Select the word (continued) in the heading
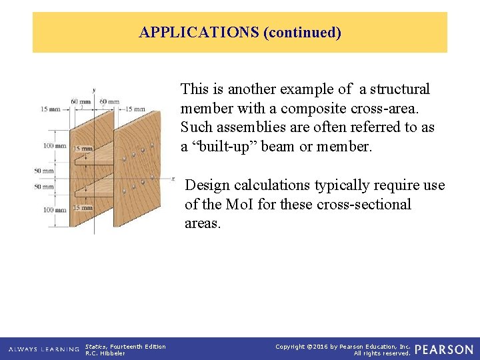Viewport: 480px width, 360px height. click(303, 32)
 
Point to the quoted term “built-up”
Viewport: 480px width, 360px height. click(219, 146)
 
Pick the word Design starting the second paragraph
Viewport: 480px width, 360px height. click(207, 185)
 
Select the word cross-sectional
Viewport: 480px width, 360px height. click(365, 204)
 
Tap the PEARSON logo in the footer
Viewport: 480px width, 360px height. click(444, 349)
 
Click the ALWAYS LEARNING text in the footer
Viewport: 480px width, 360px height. click(44, 349)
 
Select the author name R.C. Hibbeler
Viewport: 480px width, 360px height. click(105, 353)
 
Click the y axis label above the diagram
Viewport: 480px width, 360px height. click(94, 89)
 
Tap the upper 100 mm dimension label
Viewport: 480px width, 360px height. click(55, 145)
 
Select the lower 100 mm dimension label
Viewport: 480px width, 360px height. click(55, 210)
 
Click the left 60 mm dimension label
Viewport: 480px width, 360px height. click(81, 102)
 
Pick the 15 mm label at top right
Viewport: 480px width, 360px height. click(135, 109)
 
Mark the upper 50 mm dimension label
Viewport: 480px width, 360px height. click(45, 171)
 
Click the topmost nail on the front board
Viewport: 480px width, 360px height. click(153, 145)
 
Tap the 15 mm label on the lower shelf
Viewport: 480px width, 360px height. click(83, 208)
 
